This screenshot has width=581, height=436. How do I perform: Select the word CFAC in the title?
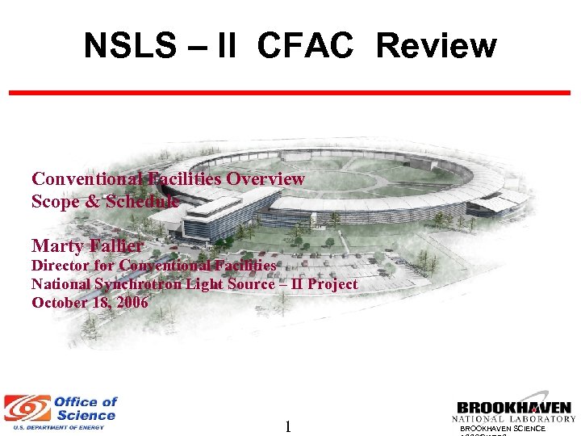tap(306, 46)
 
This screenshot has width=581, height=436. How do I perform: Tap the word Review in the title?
tap(436, 46)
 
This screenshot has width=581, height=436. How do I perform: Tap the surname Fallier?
tap(116, 245)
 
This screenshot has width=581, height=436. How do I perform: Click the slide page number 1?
tap(286, 426)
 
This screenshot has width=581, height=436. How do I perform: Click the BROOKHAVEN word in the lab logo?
tap(514, 408)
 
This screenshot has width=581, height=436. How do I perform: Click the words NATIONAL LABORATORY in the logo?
tap(514, 418)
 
